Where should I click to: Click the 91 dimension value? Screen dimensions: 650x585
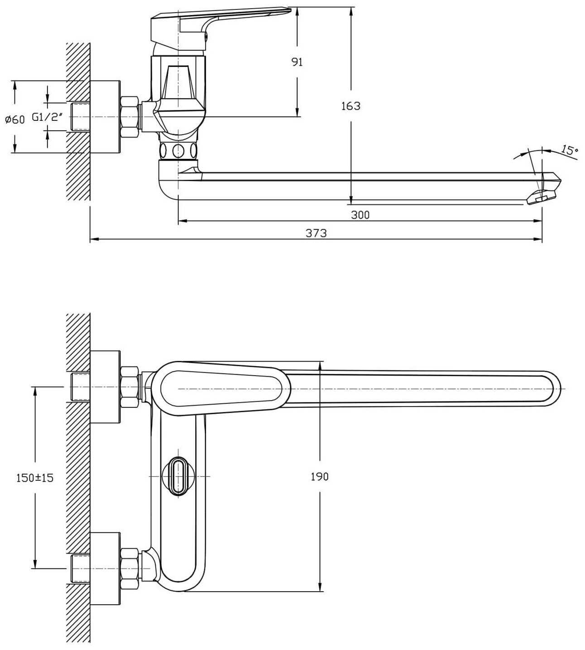(x=297, y=62)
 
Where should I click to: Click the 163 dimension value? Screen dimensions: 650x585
(x=351, y=106)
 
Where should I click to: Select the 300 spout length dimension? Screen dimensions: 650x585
(x=360, y=215)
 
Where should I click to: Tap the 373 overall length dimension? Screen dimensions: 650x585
(x=316, y=233)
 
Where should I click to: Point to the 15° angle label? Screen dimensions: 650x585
(x=570, y=150)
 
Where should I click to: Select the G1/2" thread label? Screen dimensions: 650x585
(x=50, y=117)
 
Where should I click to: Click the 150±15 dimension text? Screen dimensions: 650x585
(x=35, y=477)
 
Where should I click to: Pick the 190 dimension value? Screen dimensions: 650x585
(x=320, y=476)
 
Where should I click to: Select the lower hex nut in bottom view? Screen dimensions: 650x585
(x=130, y=568)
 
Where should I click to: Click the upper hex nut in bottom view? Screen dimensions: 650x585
(x=130, y=387)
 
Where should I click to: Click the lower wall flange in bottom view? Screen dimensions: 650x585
(x=105, y=568)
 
